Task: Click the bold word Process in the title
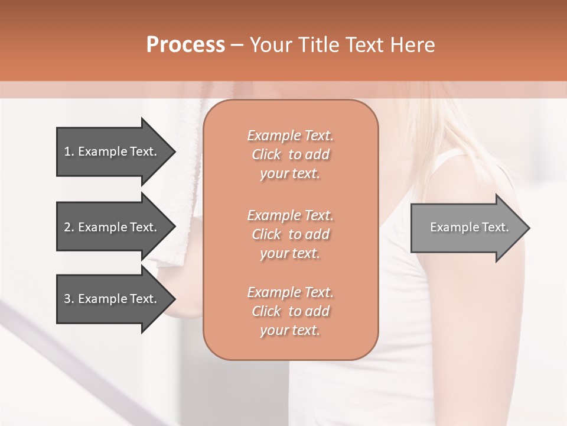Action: point(185,45)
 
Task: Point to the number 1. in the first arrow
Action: point(69,151)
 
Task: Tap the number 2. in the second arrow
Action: point(69,227)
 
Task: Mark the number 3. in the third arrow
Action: point(69,299)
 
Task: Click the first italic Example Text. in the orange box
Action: point(290,135)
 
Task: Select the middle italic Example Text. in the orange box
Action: point(290,215)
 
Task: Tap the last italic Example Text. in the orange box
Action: point(290,292)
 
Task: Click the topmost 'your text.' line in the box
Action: point(290,174)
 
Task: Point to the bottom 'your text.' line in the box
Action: point(290,331)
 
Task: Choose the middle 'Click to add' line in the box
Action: point(290,235)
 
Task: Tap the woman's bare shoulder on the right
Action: point(467,177)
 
